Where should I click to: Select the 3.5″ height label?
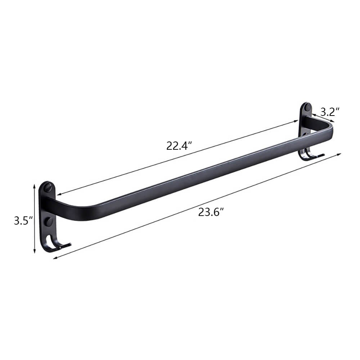(x=23, y=221)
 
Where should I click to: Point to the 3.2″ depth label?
(x=330, y=112)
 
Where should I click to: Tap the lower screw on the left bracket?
(x=48, y=221)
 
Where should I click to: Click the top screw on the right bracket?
(x=307, y=107)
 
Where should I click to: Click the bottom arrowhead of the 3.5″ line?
(x=35, y=252)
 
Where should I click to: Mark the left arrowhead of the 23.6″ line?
(x=55, y=257)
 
